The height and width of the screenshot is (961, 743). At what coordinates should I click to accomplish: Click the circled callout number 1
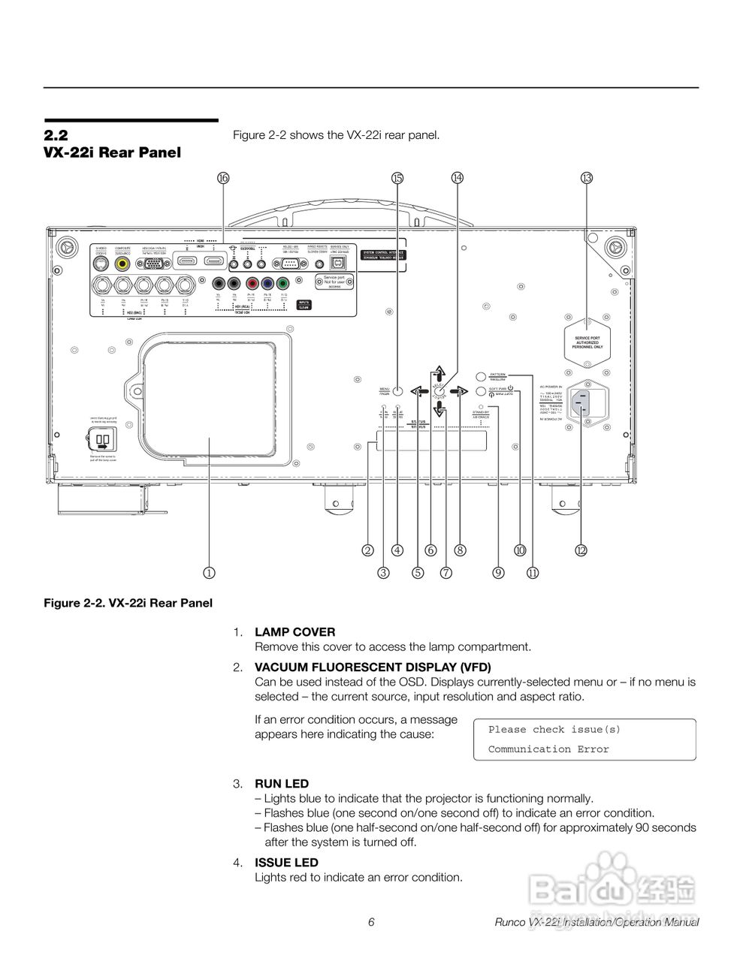(209, 573)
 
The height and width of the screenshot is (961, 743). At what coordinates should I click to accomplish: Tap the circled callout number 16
(223, 178)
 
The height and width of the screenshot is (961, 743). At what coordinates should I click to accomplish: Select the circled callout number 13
(587, 178)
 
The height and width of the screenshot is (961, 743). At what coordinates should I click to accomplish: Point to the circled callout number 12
(581, 550)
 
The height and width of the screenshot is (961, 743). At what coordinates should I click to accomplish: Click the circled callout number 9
(498, 573)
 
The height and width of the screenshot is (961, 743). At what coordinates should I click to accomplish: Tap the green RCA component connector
(282, 285)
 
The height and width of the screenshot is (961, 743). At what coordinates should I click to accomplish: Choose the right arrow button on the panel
(461, 391)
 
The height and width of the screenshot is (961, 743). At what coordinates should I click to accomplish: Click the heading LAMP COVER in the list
(295, 632)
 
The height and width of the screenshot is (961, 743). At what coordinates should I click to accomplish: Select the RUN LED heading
(282, 784)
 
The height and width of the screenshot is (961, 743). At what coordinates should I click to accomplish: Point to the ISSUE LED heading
(286, 863)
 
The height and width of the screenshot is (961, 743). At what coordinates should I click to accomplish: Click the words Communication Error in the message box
(548, 749)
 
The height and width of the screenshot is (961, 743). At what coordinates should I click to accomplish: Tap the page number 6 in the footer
(371, 923)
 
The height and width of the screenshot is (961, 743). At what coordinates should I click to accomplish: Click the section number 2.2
(56, 136)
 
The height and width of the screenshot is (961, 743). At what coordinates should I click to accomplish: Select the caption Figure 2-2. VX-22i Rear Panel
(128, 603)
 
